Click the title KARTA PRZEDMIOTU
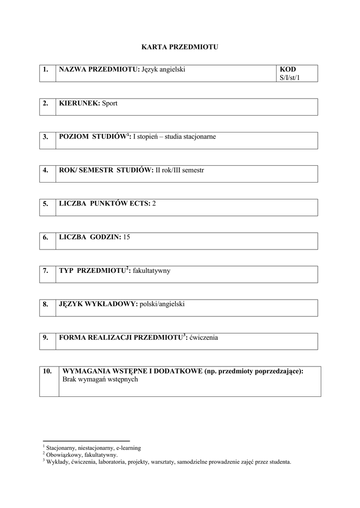point(180,47)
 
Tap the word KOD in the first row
point(288,69)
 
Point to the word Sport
point(110,103)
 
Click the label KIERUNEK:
point(79,103)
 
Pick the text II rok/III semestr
point(180,170)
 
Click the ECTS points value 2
point(154,203)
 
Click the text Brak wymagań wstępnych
point(100,379)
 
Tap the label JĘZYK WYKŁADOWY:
point(98,304)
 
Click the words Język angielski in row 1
point(163,69)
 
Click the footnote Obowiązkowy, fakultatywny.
point(81,454)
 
